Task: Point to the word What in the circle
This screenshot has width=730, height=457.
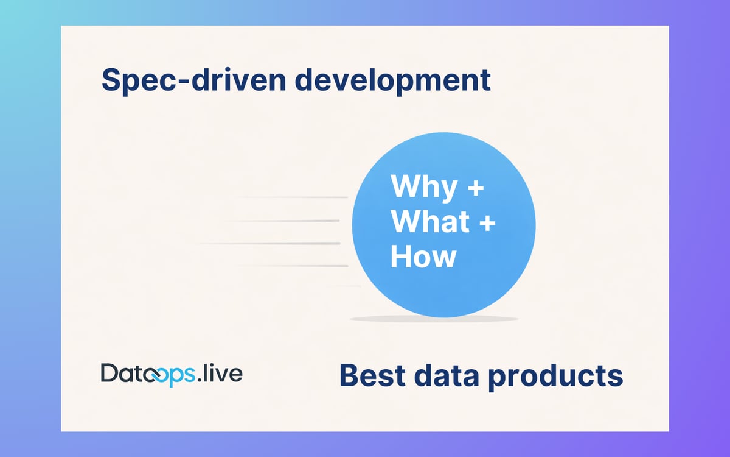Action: [x=429, y=222]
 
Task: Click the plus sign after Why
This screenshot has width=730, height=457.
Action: [x=476, y=187]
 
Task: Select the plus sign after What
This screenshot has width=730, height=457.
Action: [x=487, y=222]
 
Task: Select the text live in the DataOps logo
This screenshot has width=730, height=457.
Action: [x=223, y=373]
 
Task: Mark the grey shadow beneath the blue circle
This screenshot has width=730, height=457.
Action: [x=434, y=319]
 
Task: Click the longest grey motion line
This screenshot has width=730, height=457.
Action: [x=268, y=243]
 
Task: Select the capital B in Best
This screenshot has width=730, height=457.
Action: [x=349, y=375]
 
